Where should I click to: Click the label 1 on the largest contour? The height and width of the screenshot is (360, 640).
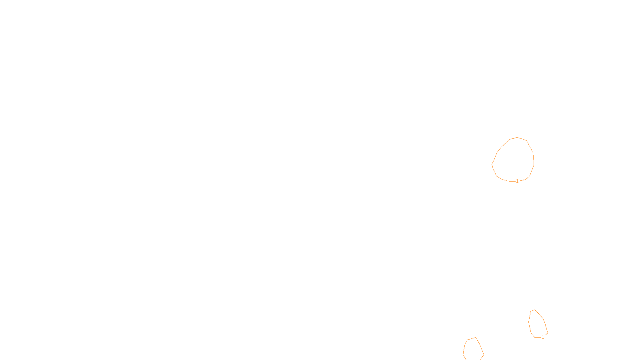[x=517, y=181]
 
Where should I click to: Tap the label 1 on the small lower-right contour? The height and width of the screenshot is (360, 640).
[x=543, y=337]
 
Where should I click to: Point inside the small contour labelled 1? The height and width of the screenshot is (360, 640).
[x=537, y=324]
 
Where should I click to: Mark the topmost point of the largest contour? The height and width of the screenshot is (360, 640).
[x=518, y=138]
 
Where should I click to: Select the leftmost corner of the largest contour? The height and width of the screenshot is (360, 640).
[x=492, y=164]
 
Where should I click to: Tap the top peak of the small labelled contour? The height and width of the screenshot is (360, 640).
[x=534, y=310]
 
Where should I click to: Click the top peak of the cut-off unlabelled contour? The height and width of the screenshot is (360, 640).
[x=476, y=338]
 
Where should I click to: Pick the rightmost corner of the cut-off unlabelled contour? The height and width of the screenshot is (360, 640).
[x=484, y=354]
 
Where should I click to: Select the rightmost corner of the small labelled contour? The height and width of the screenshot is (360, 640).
[x=548, y=333]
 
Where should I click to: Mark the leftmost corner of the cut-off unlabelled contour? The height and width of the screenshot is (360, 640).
[x=463, y=354]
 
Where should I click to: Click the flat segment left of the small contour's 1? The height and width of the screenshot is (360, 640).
[x=538, y=337]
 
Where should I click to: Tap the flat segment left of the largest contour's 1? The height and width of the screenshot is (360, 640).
[x=512, y=181]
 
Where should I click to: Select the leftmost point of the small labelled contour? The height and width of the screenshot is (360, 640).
[x=528, y=322]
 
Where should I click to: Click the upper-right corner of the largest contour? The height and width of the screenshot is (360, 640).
[x=526, y=140]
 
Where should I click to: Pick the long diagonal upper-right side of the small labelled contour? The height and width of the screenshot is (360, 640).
[x=539, y=314]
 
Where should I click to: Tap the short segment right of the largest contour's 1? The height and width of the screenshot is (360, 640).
[x=522, y=180]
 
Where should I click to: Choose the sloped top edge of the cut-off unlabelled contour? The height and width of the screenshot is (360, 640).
[x=472, y=338]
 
